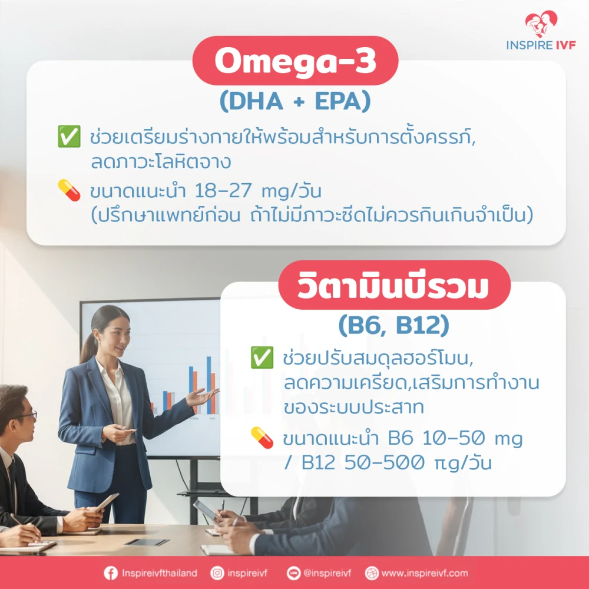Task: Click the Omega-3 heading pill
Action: coord(295,61)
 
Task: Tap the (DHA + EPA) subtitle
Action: coord(295,101)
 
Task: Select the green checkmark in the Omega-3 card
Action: coord(69,137)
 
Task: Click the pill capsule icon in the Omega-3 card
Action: coord(69,190)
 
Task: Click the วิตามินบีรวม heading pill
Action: coord(395,285)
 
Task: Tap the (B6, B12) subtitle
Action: coord(393,325)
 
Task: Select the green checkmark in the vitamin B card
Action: coord(262,358)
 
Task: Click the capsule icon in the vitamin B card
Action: coord(262,438)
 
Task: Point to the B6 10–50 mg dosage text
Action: coord(455,438)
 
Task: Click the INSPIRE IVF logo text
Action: coord(541,45)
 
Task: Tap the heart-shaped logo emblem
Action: coord(541,24)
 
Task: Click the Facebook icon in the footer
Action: coord(111,573)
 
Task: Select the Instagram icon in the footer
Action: coord(217,573)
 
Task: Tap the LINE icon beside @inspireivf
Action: coord(294,573)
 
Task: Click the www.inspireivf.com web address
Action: coord(425,573)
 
